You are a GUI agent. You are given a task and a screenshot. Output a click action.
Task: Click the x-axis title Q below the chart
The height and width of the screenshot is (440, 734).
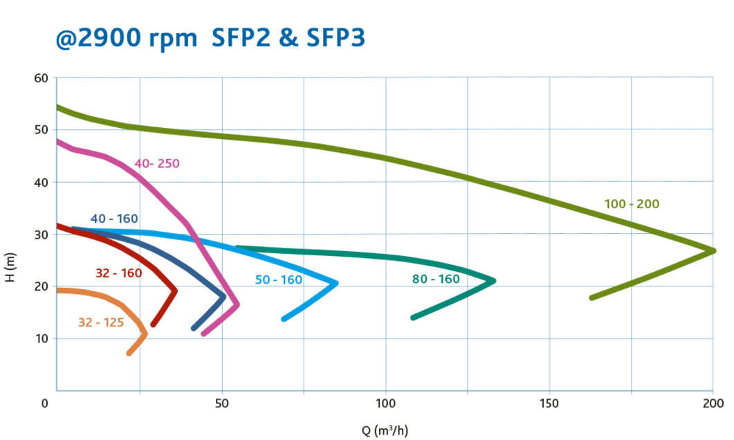385,431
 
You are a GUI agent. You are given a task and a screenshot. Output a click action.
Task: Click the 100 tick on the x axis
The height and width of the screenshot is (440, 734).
385,403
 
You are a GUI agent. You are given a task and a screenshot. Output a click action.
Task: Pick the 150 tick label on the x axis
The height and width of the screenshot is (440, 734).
549,403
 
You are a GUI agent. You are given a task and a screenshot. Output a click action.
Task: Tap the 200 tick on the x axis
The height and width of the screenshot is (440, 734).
713,403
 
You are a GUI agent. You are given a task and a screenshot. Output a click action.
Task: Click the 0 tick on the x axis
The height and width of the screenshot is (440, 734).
46,403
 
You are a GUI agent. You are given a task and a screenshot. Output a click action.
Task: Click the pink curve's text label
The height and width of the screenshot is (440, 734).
157,164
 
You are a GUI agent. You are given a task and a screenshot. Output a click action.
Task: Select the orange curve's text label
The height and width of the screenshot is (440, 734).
101,322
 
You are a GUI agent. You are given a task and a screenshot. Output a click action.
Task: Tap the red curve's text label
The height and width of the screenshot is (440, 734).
118,273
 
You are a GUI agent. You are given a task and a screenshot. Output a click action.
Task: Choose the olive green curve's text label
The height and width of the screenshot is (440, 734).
632,204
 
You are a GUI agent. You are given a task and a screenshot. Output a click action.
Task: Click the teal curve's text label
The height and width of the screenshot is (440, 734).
435,279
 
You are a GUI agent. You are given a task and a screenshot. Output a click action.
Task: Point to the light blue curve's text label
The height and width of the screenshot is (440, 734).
278,280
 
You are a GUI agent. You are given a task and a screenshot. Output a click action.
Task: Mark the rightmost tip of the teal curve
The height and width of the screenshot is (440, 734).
495,280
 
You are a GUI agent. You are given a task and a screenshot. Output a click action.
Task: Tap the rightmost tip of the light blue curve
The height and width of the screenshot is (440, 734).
337,282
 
